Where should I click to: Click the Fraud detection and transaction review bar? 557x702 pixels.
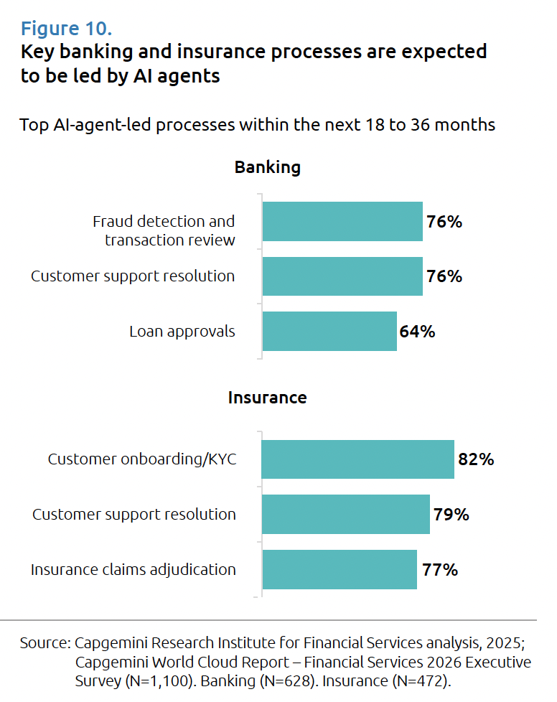pyautogui.click(x=342, y=221)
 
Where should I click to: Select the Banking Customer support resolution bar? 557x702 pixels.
pyautogui.click(x=342, y=276)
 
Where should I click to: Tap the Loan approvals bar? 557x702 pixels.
pyautogui.click(x=329, y=331)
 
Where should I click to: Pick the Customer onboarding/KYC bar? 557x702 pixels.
pyautogui.click(x=357, y=459)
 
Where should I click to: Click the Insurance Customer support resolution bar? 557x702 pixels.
pyautogui.click(x=345, y=514)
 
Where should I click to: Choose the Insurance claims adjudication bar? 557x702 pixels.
pyautogui.click(x=340, y=570)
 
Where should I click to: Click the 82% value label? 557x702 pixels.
pyautogui.click(x=475, y=459)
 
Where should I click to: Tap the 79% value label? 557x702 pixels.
pyautogui.click(x=451, y=514)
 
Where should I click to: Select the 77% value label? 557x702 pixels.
pyautogui.click(x=439, y=570)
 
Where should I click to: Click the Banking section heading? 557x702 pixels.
pyautogui.click(x=267, y=168)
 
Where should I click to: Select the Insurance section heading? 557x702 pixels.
pyautogui.click(x=267, y=398)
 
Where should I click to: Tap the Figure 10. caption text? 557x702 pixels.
pyautogui.click(x=66, y=29)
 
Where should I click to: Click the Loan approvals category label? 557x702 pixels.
pyautogui.click(x=182, y=332)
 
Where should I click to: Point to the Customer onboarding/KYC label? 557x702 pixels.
pyautogui.click(x=141, y=459)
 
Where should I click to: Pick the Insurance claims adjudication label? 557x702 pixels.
pyautogui.click(x=133, y=570)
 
